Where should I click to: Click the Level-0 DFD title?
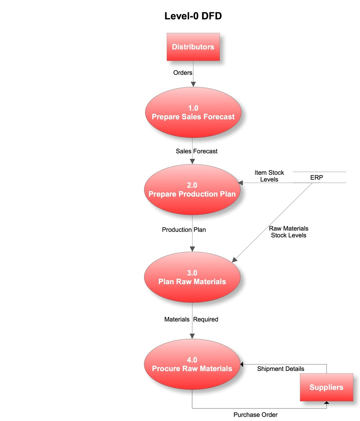(x=193, y=16)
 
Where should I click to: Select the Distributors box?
(x=193, y=47)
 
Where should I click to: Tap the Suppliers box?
(x=327, y=387)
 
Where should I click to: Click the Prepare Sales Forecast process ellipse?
(x=193, y=112)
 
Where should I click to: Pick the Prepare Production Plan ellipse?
(x=192, y=189)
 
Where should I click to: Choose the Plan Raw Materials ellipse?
(x=192, y=277)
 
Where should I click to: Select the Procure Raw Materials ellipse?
(x=192, y=364)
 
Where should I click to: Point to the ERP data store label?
(x=316, y=178)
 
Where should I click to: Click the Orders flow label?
(x=183, y=72)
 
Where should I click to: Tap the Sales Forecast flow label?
(x=197, y=151)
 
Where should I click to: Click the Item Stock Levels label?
(x=269, y=176)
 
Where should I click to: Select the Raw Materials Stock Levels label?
(x=289, y=232)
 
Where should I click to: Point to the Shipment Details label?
(x=280, y=369)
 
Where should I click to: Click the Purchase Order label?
(x=255, y=415)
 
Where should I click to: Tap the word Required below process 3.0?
(x=206, y=319)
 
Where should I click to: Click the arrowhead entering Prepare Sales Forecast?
(x=193, y=85)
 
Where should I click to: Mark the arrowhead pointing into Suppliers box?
(x=327, y=403)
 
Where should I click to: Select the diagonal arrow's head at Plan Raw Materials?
(x=234, y=260)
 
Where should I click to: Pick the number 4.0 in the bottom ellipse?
(x=192, y=360)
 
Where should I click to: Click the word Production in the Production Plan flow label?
(x=177, y=229)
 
